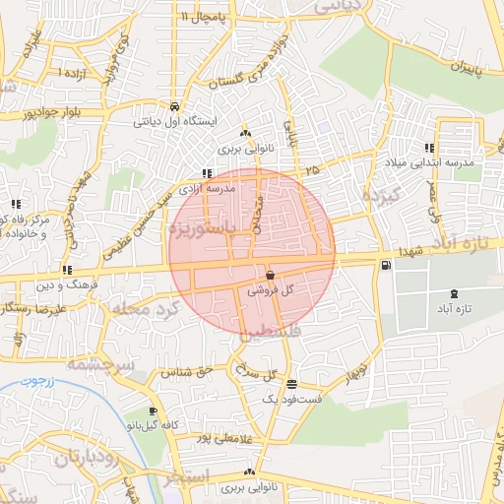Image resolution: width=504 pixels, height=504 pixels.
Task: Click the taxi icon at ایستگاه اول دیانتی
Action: click(174, 106)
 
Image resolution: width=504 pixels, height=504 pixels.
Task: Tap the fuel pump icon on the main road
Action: click(385, 264)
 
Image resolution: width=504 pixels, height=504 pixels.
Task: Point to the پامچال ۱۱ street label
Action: click(203, 17)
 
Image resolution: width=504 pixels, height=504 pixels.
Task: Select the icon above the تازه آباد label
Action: click(453, 293)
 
